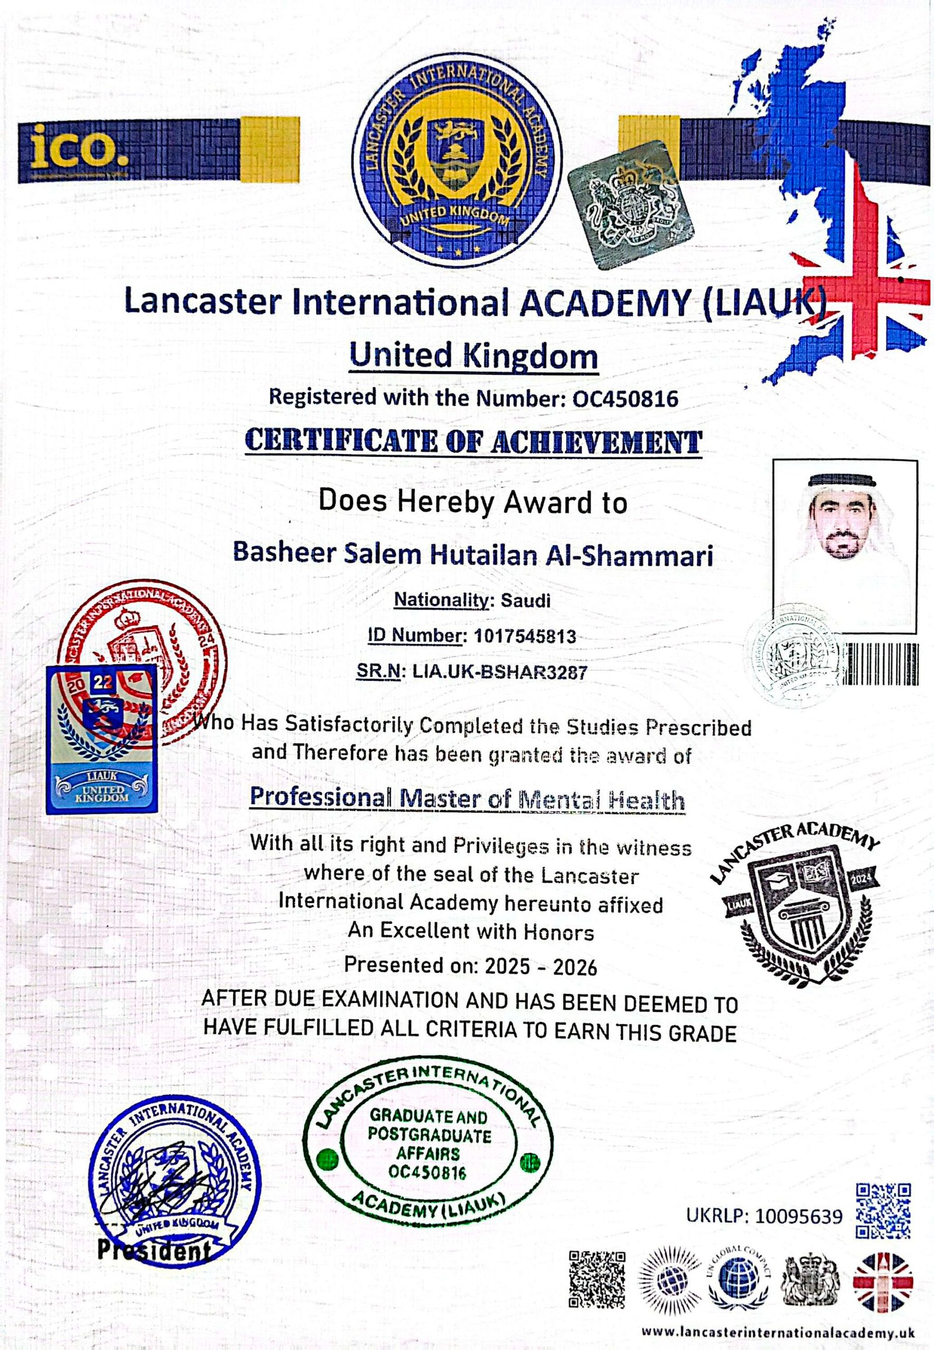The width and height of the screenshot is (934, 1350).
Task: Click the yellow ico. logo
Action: tap(74, 144)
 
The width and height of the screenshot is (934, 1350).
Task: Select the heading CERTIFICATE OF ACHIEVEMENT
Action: tap(472, 442)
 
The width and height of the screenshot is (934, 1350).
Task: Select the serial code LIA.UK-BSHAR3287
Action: tap(499, 672)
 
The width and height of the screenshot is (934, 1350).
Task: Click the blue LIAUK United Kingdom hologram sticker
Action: tap(101, 739)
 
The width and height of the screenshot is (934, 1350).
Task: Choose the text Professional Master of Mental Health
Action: tap(467, 799)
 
